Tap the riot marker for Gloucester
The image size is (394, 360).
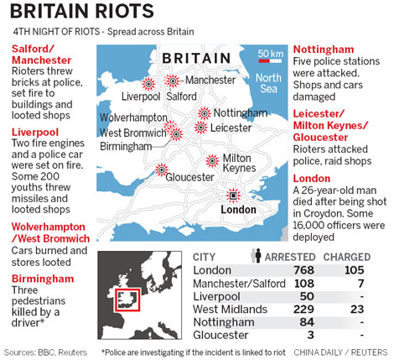point(162,170)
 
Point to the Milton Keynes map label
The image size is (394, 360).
point(237,164)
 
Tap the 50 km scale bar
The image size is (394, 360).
point(269,62)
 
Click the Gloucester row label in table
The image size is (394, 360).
point(222,337)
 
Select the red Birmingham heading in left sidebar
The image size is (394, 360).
point(43,279)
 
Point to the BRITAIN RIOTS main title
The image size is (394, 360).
point(82,12)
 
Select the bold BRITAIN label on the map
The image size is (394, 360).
point(196,57)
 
